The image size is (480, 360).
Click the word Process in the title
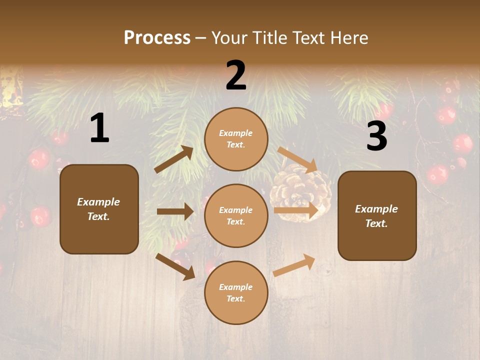point(157,38)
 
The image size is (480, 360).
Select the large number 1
point(99,128)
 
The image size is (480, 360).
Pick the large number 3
point(376,136)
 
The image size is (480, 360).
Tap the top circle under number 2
point(236,139)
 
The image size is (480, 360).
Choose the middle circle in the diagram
point(236,215)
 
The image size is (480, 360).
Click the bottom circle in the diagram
point(236,292)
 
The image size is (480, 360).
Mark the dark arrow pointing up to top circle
point(173,160)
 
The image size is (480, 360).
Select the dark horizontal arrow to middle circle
point(175,211)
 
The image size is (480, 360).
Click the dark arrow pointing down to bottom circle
point(175,266)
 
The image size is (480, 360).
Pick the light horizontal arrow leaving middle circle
point(296,211)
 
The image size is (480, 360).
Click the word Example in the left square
point(98,202)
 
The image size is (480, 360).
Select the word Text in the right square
point(376,223)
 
